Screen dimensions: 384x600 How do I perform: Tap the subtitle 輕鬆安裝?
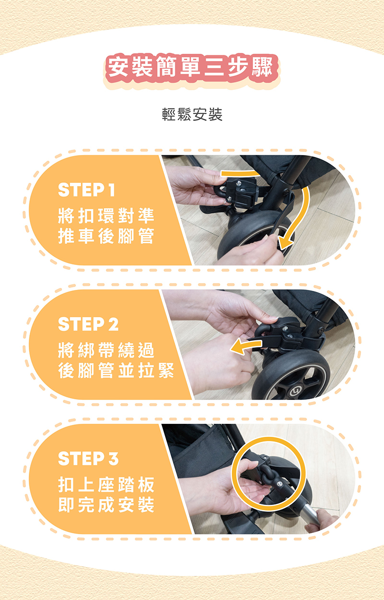click(x=192, y=115)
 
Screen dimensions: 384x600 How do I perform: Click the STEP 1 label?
click(x=86, y=190)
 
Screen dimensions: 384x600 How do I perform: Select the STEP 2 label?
click(x=88, y=324)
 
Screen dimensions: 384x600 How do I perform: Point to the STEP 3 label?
click(x=88, y=458)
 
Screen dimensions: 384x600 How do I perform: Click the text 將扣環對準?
click(x=106, y=216)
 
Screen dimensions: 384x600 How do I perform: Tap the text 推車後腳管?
click(x=106, y=236)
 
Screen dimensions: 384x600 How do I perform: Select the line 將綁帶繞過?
click(x=106, y=350)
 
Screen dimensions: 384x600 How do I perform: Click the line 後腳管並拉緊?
click(x=116, y=370)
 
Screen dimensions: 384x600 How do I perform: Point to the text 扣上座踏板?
click(x=106, y=484)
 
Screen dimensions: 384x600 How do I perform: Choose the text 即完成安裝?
click(x=106, y=504)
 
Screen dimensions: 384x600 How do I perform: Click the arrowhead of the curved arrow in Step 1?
click(x=284, y=244)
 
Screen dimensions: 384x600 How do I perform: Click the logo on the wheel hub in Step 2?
click(x=295, y=393)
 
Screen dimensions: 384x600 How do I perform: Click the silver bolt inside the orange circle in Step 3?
click(x=280, y=483)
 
